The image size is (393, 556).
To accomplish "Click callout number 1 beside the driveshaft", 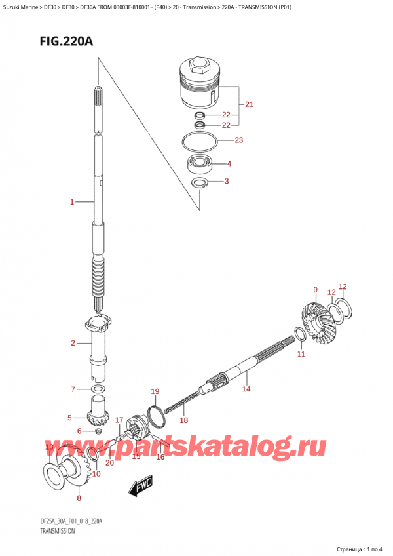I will click(72, 203).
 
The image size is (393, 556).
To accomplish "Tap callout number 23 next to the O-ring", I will click(238, 140).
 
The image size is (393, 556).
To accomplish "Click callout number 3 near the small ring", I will click(226, 181).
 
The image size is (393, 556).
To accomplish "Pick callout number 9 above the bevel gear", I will click(315, 290).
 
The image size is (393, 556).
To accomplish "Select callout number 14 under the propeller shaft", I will click(246, 389).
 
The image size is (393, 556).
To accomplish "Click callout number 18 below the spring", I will click(184, 420).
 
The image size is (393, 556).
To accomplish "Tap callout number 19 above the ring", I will click(155, 392).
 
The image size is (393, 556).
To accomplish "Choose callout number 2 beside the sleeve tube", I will click(73, 343).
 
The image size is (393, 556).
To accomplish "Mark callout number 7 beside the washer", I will click(73, 390).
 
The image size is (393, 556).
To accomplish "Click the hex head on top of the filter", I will click(198, 66).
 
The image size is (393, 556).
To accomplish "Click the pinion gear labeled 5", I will click(97, 416).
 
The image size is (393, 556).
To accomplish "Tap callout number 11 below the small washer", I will click(301, 354).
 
